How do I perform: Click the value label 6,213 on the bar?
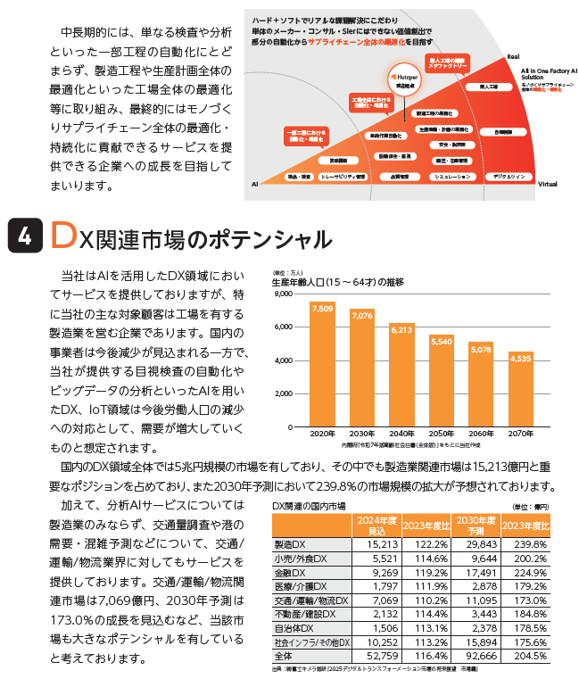pos(401,330)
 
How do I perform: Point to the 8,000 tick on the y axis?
pos(285,293)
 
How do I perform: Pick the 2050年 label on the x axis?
pos(442,433)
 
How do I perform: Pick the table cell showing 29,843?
pos(479,544)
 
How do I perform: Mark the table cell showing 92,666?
pos(479,654)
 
